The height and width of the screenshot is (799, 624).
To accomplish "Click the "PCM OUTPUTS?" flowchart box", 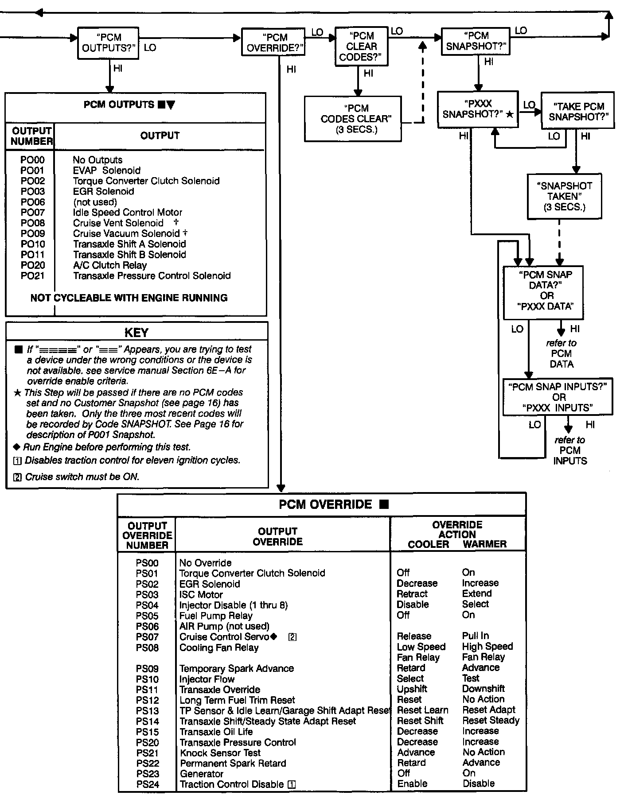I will pos(108,43).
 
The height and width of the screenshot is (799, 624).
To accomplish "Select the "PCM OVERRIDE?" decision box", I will pos(273,43).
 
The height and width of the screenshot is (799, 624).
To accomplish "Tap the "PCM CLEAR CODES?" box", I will pos(361,47).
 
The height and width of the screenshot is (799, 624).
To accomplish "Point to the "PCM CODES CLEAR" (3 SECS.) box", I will pos(353,119).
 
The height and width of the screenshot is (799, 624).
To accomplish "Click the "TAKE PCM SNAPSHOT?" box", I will pos(578,111).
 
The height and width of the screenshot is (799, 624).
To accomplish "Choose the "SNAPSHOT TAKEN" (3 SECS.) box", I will pos(564,196).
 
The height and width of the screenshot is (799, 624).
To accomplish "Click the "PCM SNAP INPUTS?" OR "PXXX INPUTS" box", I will pos(558,397).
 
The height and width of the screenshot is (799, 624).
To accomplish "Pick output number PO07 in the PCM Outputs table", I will pos(32,213).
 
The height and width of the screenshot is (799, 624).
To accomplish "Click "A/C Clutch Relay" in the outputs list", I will pos(110,265).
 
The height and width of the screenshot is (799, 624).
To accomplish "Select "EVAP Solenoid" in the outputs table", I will pos(107,171).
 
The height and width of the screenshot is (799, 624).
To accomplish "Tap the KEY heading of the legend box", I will pos(136,333).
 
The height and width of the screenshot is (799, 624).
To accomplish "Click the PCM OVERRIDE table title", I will pos(326,504).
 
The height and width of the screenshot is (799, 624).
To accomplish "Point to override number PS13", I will pos(147,711).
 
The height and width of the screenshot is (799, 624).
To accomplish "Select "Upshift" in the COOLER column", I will pos(412,689).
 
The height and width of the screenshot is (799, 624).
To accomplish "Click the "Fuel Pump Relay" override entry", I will pos(216,616).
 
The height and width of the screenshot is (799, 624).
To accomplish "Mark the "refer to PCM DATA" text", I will pos(562,353).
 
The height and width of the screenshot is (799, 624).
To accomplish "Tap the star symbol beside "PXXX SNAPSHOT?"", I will pos(510,114).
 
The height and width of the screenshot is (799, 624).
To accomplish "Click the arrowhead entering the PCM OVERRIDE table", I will pos(281,488).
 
